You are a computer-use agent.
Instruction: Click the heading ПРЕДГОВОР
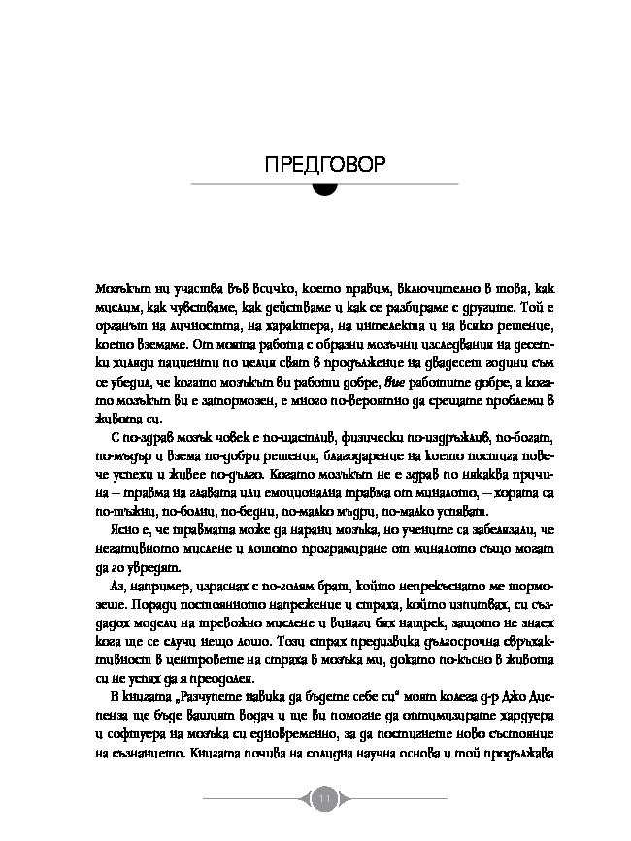pyautogui.click(x=315, y=163)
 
